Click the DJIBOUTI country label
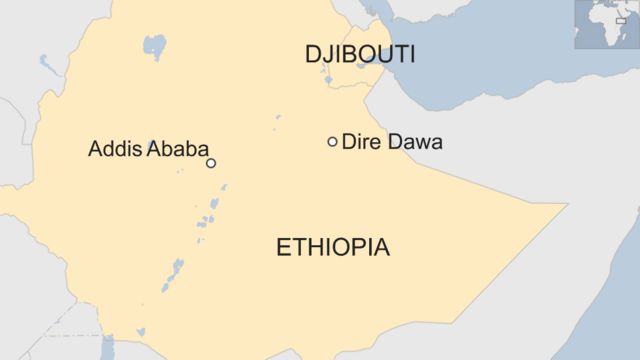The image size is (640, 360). click(x=360, y=55)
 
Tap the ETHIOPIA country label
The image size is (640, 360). click(x=333, y=248)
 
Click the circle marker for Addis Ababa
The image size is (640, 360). click(x=211, y=163)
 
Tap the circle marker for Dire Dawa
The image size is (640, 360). click(x=332, y=142)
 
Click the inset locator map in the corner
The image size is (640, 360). click(x=606, y=25)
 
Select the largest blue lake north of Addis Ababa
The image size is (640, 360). click(x=154, y=45)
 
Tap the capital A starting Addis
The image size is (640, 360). click(x=96, y=150)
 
